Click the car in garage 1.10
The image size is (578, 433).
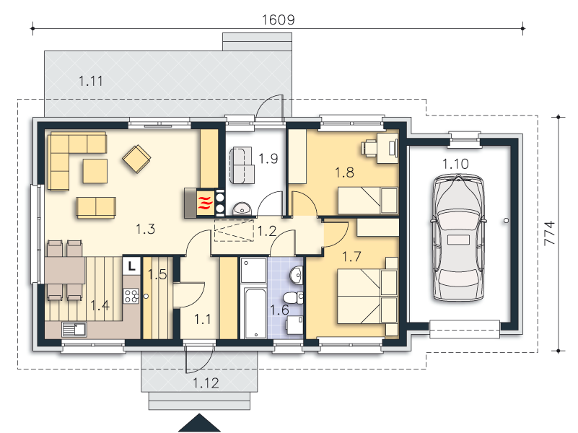(x=457, y=237)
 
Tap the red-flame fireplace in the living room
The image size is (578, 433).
(x=206, y=202)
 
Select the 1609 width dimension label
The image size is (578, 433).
(x=278, y=19)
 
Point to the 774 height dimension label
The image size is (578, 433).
(x=549, y=232)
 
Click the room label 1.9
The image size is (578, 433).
(x=268, y=159)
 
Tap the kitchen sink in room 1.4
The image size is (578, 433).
(x=74, y=330)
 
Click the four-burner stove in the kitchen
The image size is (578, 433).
(x=131, y=296)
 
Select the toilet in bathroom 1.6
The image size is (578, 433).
(x=294, y=297)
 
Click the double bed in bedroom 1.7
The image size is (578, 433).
(x=367, y=297)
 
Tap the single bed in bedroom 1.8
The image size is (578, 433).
(x=368, y=201)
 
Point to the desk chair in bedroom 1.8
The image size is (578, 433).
(x=368, y=148)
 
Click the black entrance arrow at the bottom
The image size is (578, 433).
(x=199, y=423)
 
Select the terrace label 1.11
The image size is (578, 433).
(x=91, y=81)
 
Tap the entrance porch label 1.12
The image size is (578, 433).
(x=206, y=383)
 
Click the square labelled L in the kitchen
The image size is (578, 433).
(x=131, y=266)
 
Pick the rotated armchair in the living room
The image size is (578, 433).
(x=136, y=159)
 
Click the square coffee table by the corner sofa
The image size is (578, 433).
(x=95, y=171)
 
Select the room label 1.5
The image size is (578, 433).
(x=157, y=274)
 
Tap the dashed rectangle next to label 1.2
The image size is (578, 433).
(x=234, y=231)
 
